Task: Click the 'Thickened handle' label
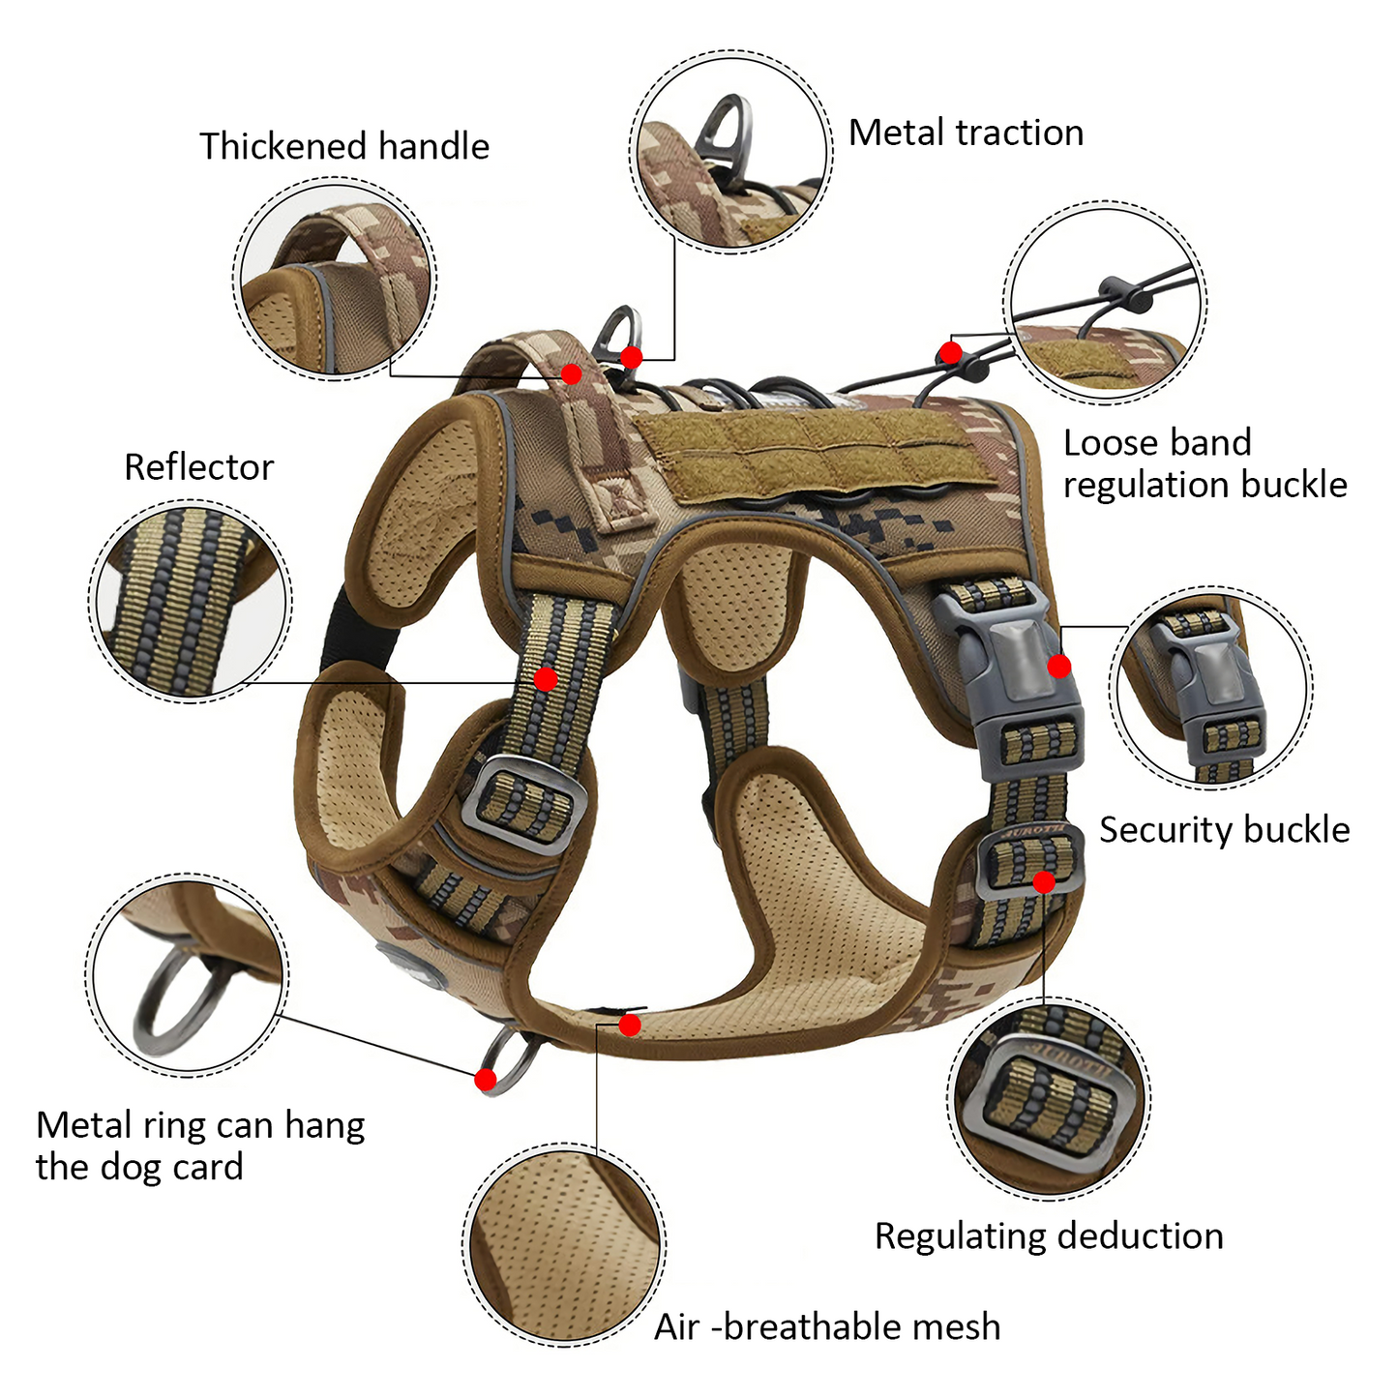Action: (344, 147)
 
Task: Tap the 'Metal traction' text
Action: (966, 133)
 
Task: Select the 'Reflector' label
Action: (198, 467)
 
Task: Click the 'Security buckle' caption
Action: (1224, 830)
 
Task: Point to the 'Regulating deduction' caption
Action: (1049, 1236)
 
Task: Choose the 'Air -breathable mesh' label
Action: (827, 1327)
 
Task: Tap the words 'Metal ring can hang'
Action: (200, 1125)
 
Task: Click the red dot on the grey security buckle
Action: (1059, 667)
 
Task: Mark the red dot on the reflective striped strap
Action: (546, 679)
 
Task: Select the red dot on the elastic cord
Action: (951, 352)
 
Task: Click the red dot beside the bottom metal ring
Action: (486, 1079)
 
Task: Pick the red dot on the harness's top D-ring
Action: (631, 357)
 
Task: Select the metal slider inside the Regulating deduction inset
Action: (1050, 1103)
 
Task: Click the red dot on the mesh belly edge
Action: (630, 1025)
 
